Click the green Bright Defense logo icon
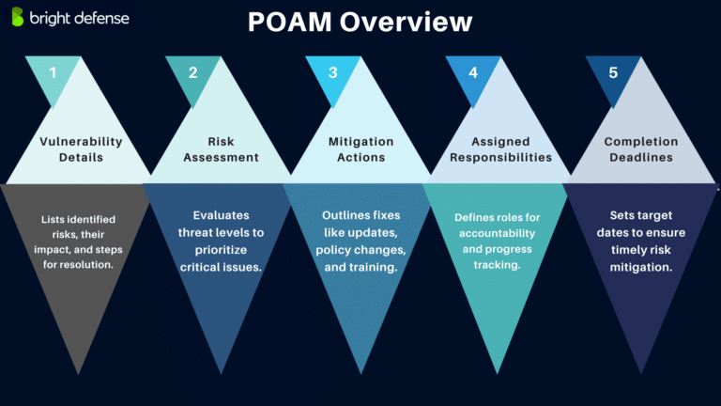click(x=18, y=17)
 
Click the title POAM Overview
click(x=360, y=23)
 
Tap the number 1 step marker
click(x=54, y=72)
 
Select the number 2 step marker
click(x=193, y=72)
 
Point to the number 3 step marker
click(x=332, y=72)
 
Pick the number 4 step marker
click(x=472, y=72)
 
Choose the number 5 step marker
click(x=612, y=72)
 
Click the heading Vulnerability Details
click(x=82, y=149)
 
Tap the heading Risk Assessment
click(x=221, y=149)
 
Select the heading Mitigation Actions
click(x=360, y=149)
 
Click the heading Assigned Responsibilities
click(x=500, y=149)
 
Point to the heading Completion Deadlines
click(x=639, y=149)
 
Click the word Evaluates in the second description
click(x=222, y=214)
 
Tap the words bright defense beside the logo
click(x=78, y=18)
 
